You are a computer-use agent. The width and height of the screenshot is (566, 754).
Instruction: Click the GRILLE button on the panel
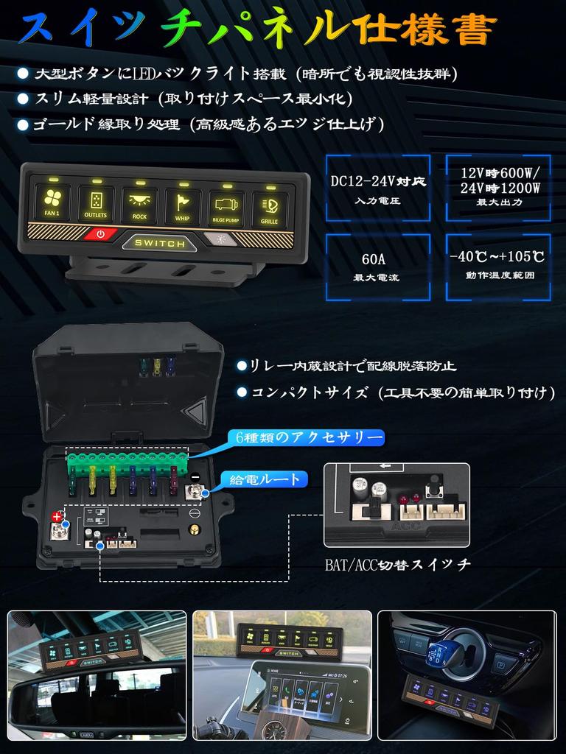click(x=269, y=207)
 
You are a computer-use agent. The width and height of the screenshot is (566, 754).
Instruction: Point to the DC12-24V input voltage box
click(x=378, y=188)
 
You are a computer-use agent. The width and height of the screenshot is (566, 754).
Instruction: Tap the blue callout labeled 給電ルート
click(x=265, y=480)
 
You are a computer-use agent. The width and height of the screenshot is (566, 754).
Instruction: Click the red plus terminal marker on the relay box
click(x=57, y=516)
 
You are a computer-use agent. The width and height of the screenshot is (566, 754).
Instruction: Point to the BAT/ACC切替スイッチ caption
click(x=397, y=565)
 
